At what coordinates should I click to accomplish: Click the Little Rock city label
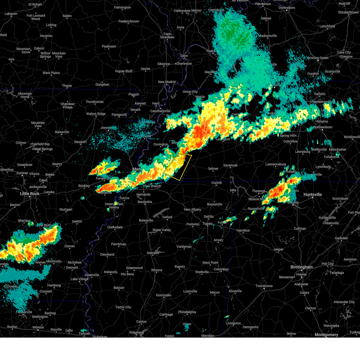click(x=30, y=194)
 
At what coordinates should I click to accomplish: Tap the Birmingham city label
click(x=301, y=267)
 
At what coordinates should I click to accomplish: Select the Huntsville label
click(x=313, y=195)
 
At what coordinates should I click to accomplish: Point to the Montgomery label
click(x=326, y=335)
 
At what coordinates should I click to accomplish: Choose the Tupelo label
click(x=207, y=224)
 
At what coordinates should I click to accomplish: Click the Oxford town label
click(x=167, y=217)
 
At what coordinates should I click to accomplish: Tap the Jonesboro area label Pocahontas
click(x=95, y=102)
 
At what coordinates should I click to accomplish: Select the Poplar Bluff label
click(x=124, y=71)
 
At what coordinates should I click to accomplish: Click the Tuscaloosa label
click(x=264, y=286)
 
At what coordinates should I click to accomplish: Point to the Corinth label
click(x=217, y=183)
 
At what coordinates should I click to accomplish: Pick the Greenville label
click(x=92, y=275)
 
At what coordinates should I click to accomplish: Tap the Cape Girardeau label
click(x=167, y=36)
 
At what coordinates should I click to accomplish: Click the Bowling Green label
click(x=318, y=58)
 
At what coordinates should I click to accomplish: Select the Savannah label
click(x=230, y=165)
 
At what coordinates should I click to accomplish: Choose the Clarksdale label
click(x=115, y=227)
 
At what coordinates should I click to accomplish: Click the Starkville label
click(x=202, y=272)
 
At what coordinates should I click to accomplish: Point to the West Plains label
click(x=51, y=73)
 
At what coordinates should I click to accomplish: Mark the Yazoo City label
click(x=123, y=307)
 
